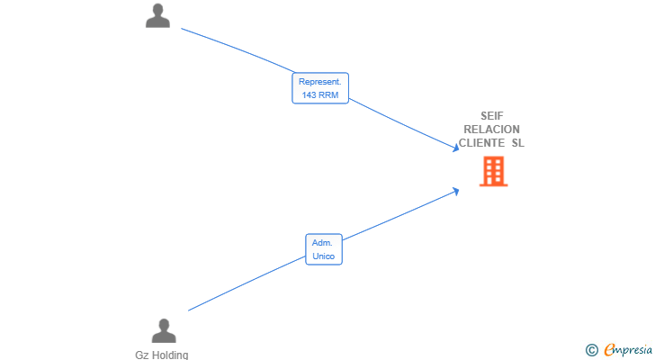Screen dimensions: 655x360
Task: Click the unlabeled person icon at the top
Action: tap(157, 16)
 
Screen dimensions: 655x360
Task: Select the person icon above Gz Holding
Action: tap(164, 331)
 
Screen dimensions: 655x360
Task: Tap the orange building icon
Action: tap(493, 171)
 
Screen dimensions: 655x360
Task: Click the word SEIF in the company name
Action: tap(491, 116)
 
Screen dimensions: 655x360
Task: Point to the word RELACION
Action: tap(491, 130)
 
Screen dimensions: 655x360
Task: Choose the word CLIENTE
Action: tap(481, 143)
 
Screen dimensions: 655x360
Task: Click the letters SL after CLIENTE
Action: tap(518, 143)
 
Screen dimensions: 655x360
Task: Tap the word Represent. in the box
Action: tap(320, 82)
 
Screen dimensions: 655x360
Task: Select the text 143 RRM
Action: tap(320, 95)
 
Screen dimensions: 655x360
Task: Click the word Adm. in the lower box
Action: tap(322, 243)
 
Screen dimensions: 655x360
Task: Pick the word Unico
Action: tap(324, 256)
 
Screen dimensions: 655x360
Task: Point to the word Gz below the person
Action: tap(141, 355)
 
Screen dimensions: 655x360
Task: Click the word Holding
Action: tap(169, 355)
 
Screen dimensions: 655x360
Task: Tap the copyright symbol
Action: tap(591, 350)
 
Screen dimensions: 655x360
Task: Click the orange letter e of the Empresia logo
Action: tap(610, 349)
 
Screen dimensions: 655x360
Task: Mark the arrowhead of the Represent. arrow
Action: tap(456, 148)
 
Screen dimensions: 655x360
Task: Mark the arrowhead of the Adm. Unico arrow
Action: tap(456, 192)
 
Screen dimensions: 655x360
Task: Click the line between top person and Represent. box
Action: tap(238, 49)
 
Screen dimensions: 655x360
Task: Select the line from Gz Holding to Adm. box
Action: tap(247, 283)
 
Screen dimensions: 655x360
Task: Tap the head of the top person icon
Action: tap(158, 10)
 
